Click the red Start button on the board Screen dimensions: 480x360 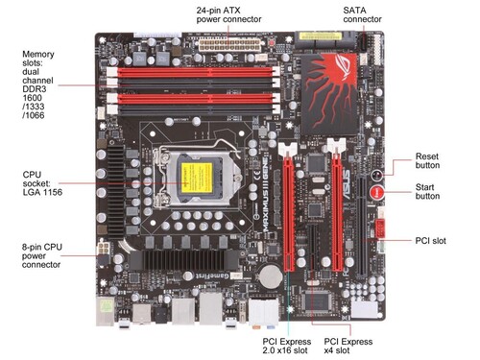376,192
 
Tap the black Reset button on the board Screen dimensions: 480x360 376,176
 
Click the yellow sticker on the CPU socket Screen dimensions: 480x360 197,178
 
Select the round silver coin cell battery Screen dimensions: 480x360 271,275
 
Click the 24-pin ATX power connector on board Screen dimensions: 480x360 229,45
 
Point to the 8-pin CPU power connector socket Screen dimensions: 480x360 104,248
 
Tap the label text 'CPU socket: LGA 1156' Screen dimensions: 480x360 42,183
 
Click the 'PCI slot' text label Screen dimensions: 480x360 430,241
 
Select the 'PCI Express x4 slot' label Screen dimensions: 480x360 348,346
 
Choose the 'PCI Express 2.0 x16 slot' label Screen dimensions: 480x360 286,346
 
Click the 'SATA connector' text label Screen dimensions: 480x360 362,14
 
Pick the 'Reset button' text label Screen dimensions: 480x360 427,160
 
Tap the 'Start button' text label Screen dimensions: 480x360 427,191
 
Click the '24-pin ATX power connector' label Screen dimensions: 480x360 228,14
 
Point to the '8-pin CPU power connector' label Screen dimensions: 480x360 42,255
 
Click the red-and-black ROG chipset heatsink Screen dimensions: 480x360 328,94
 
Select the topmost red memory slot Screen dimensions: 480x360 194,72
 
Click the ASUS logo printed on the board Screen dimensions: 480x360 347,185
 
